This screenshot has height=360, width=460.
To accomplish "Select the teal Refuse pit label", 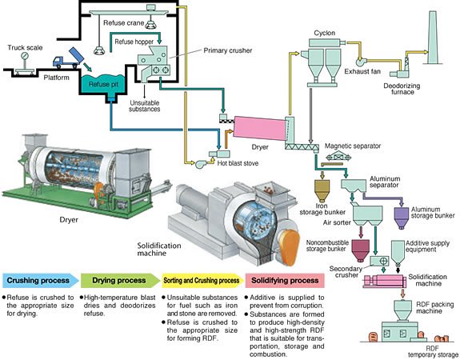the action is [103, 85].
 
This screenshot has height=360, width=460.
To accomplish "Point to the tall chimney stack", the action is [432, 38].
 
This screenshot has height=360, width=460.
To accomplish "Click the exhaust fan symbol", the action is [361, 62].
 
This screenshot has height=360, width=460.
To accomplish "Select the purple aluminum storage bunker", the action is [401, 218].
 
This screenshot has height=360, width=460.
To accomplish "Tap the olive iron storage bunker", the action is [322, 190].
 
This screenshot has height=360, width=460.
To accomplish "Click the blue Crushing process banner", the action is [41, 280].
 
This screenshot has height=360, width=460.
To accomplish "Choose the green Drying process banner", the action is [120, 280].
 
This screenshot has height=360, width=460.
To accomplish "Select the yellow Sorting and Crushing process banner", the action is [202, 281].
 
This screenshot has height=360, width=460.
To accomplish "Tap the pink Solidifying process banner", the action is [285, 281].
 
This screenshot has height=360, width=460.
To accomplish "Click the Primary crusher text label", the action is [228, 50].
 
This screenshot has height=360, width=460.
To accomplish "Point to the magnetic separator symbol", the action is [338, 158].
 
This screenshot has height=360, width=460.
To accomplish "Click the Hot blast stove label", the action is [238, 163].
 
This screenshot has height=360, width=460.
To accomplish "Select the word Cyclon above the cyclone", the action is [324, 33].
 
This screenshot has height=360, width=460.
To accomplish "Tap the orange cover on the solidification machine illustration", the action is [290, 246].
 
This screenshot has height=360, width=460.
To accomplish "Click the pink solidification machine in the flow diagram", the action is [385, 281].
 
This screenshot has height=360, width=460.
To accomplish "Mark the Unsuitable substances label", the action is [145, 106].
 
